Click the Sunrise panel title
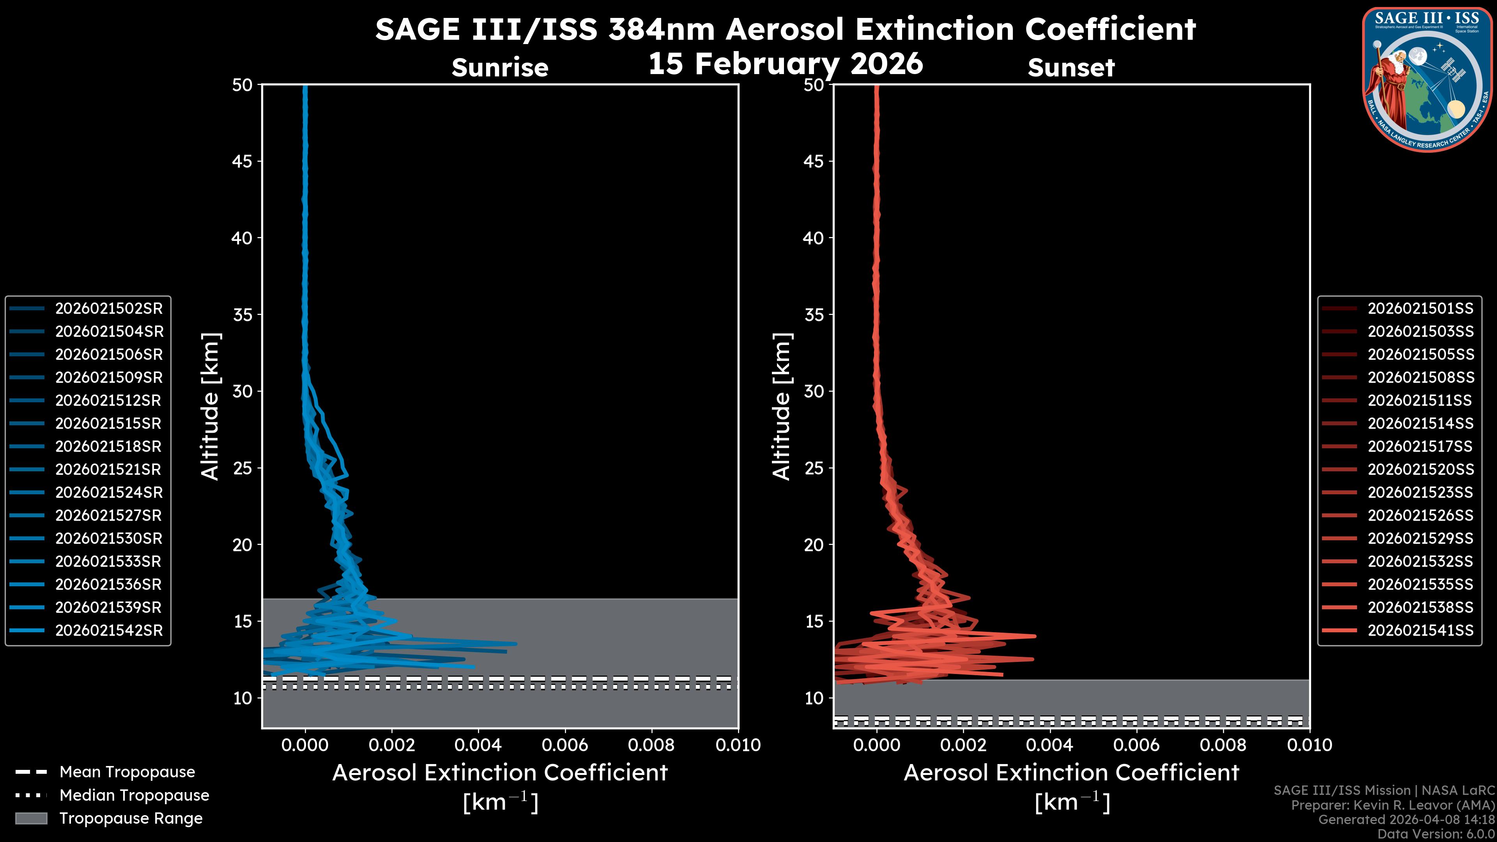coord(500,67)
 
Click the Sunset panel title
coord(1071,67)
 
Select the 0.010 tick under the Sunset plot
coord(1309,745)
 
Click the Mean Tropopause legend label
coord(127,772)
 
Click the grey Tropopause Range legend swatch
coord(31,819)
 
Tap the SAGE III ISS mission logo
coord(1426,80)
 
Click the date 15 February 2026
coord(785,63)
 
